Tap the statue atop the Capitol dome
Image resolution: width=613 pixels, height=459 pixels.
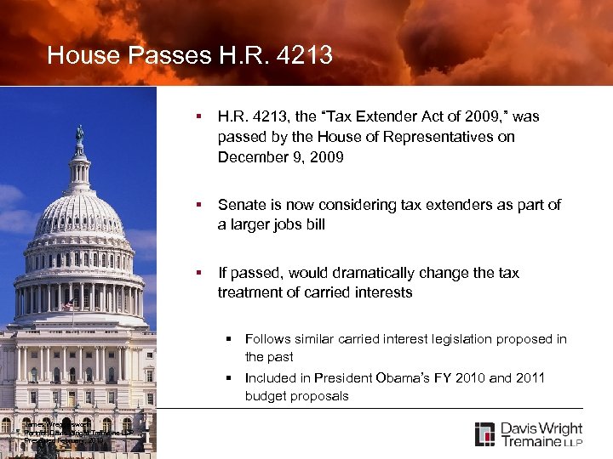[x=79, y=133]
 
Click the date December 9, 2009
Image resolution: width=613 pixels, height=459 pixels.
[x=281, y=157]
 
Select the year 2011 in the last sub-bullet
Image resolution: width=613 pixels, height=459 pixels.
[x=530, y=377]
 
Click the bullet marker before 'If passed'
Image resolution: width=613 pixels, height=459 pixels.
[x=198, y=273]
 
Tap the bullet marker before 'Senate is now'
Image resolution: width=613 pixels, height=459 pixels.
[x=198, y=205]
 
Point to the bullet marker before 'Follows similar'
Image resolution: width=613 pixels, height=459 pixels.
[x=229, y=339]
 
